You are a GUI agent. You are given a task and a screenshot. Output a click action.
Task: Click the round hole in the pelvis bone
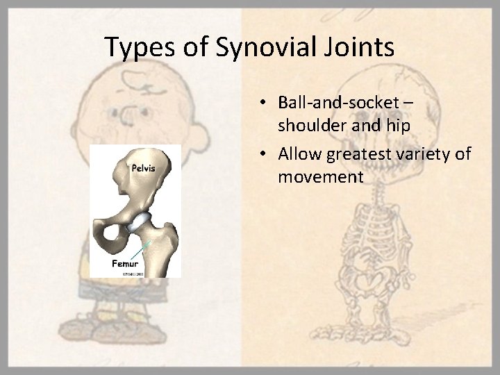(111, 240)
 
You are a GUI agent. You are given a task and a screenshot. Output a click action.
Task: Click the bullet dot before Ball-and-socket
(266, 103)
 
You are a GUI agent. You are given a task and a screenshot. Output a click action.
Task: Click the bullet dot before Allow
(266, 153)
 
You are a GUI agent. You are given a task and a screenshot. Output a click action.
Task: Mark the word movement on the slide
(320, 177)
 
